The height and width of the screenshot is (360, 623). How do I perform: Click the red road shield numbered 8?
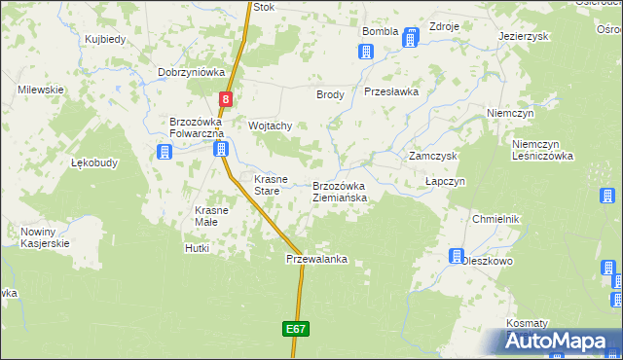226,98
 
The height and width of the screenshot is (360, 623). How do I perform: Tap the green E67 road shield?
297,330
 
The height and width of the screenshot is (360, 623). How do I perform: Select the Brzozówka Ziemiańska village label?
340,192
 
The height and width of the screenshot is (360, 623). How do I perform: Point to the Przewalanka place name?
316,260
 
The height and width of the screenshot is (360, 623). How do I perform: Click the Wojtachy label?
271,126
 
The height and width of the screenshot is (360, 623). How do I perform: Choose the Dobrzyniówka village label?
192,72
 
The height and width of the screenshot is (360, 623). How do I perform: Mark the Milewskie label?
41,90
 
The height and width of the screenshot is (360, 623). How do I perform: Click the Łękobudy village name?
95,163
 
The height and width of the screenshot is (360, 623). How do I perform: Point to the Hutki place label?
197,249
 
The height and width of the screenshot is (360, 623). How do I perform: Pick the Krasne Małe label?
212,216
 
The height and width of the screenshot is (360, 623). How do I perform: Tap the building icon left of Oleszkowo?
455,256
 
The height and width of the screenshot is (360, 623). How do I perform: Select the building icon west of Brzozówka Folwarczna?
164,152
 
